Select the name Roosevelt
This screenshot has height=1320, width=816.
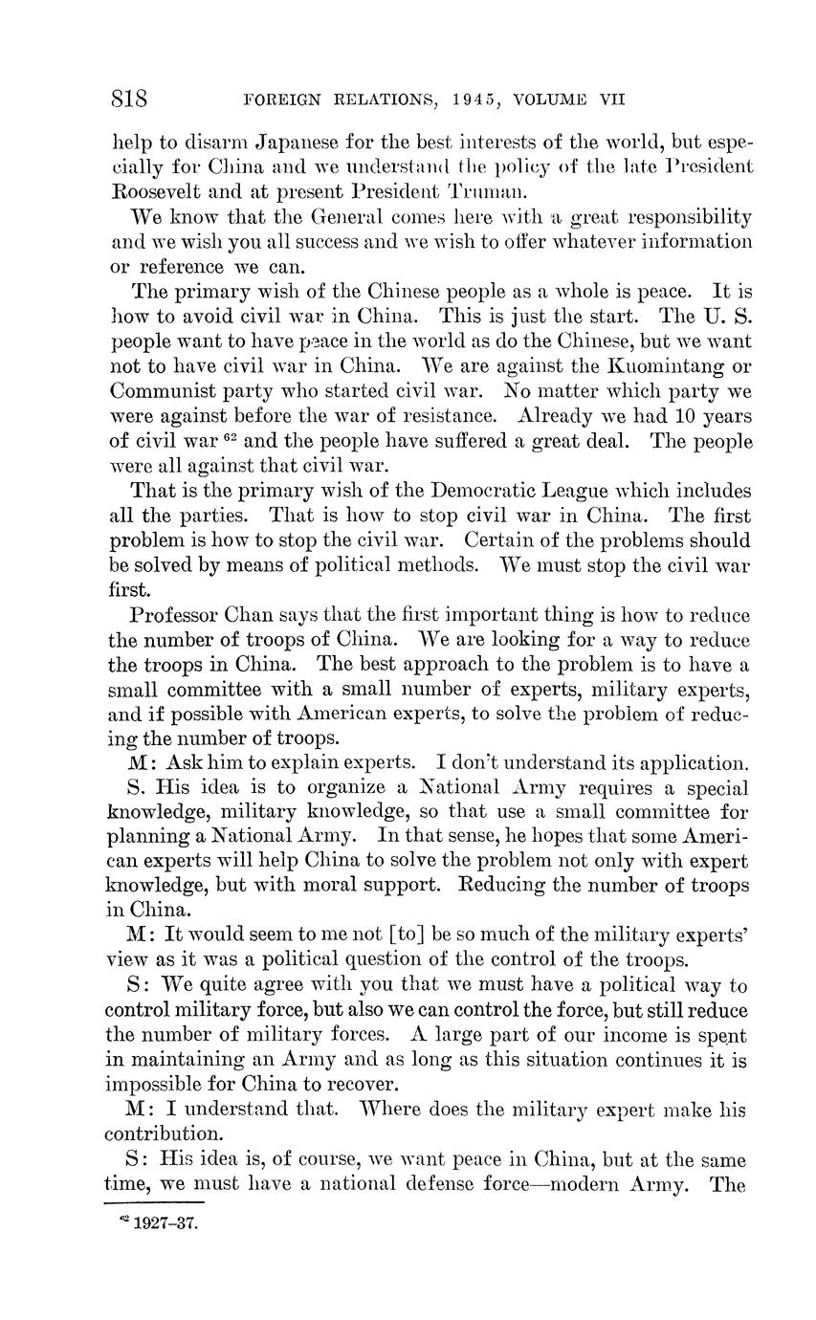161,190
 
